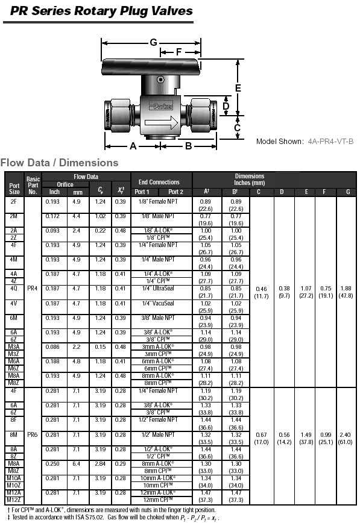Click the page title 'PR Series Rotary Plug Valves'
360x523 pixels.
[x=98, y=11]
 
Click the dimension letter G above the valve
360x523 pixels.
[x=153, y=42]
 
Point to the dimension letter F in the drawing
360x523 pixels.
[x=178, y=52]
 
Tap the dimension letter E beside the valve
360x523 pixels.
[x=238, y=88]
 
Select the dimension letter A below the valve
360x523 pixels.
[x=133, y=146]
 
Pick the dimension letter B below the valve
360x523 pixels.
[x=188, y=146]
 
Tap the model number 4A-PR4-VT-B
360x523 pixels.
[x=330, y=141]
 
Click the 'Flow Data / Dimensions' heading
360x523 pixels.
[x=59, y=163]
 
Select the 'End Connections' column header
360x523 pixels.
[x=159, y=182]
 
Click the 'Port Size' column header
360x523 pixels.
[x=14, y=188]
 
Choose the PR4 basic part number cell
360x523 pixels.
[x=33, y=288]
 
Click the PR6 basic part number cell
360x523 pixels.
[x=33, y=434]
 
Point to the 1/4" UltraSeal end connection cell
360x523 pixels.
[x=159, y=288]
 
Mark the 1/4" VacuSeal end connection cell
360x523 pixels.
[x=159, y=303]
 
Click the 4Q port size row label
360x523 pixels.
[x=14, y=288]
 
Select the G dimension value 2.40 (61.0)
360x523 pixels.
[x=347, y=437]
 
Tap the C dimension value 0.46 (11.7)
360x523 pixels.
[x=262, y=292]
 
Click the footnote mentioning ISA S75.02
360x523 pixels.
[x=113, y=518]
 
